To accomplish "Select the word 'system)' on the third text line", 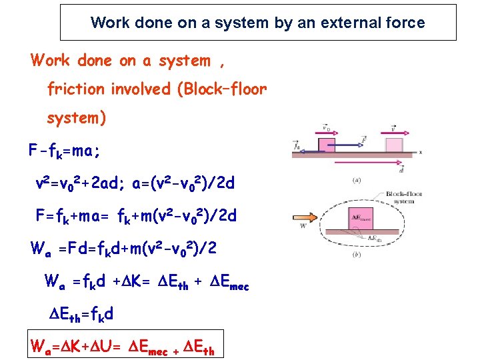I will [x=76, y=118].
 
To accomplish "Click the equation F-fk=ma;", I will [x=64, y=152].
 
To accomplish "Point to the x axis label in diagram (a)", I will [x=420, y=153].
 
